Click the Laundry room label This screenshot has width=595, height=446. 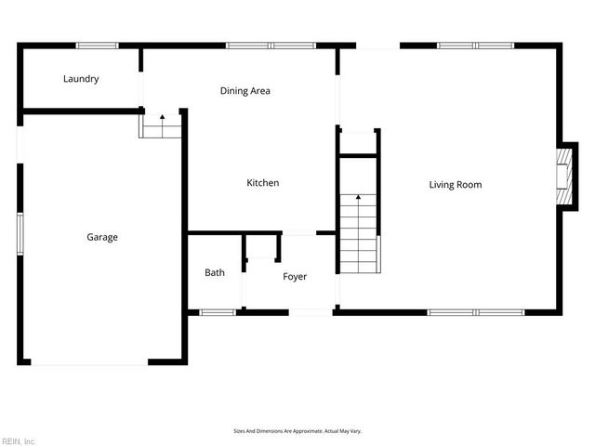click(81, 79)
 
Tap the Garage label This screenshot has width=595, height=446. click(102, 237)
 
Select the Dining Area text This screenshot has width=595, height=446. click(245, 91)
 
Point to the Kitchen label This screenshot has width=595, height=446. click(262, 183)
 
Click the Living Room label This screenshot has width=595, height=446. click(455, 184)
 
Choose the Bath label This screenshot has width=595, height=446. click(215, 272)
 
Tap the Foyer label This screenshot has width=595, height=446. click(295, 277)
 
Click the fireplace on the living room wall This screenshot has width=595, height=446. click(562, 177)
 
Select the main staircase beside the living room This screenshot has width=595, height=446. click(358, 232)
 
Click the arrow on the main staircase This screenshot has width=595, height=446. click(359, 198)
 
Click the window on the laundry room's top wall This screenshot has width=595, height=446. click(97, 45)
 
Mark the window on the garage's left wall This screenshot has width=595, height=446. click(20, 232)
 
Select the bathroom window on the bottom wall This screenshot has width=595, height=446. click(218, 312)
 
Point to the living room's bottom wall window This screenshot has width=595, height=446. click(475, 312)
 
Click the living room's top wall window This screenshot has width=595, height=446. click(475, 45)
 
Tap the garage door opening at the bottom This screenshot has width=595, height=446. click(88, 362)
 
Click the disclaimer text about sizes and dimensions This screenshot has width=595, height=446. click(297, 431)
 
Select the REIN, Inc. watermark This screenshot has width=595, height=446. click(19, 440)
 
